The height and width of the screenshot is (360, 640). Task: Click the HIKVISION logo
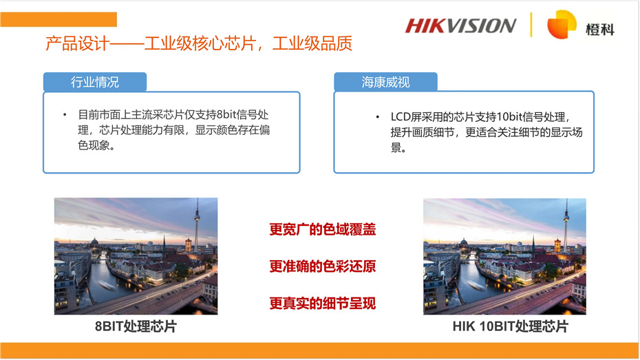pyautogui.click(x=460, y=25)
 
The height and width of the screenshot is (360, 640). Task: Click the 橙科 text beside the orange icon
pyautogui.click(x=599, y=29)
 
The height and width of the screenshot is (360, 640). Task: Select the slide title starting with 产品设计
pyautogui.click(x=199, y=44)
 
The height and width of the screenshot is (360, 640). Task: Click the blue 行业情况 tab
pyautogui.click(x=95, y=82)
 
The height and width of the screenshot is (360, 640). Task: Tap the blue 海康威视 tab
pyautogui.click(x=385, y=82)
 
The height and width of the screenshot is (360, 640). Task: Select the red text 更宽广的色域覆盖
pyautogui.click(x=322, y=229)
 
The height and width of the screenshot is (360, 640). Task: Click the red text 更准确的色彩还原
pyautogui.click(x=322, y=266)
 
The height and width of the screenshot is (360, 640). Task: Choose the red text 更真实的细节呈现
pyautogui.click(x=322, y=303)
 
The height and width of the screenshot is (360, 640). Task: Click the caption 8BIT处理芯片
pyautogui.click(x=136, y=326)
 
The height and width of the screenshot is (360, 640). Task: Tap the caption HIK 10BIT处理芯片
pyautogui.click(x=510, y=326)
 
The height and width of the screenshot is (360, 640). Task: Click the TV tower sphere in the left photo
pyautogui.click(x=196, y=211)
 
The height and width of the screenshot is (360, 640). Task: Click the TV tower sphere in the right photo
pyautogui.click(x=565, y=211)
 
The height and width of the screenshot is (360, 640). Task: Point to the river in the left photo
pyautogui.click(x=103, y=282)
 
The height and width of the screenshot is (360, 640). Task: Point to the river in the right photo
pyautogui.click(x=472, y=282)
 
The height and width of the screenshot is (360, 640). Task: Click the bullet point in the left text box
pyautogui.click(x=65, y=114)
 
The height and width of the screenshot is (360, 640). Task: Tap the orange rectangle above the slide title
pyautogui.click(x=58, y=19)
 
